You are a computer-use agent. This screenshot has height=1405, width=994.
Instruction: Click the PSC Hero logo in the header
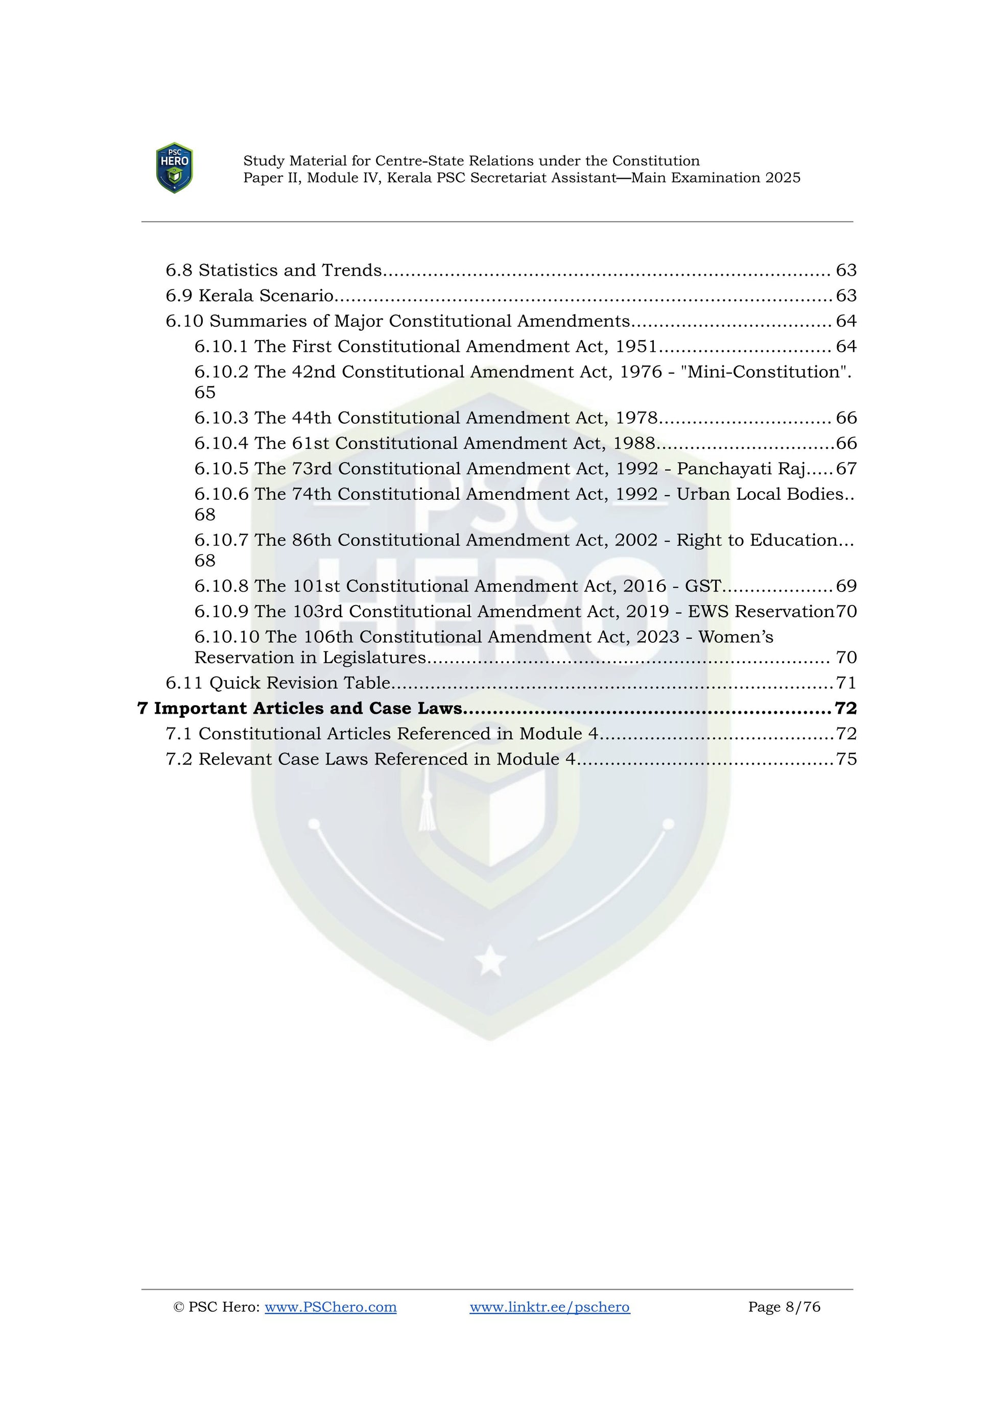[x=175, y=168]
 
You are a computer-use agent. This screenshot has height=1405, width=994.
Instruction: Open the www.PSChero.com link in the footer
[x=330, y=1306]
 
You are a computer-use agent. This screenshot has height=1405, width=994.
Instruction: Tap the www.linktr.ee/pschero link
[x=550, y=1306]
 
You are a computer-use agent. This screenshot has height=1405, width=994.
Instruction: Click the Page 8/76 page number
[x=784, y=1306]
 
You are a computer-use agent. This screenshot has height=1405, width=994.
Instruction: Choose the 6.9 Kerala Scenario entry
[x=250, y=296]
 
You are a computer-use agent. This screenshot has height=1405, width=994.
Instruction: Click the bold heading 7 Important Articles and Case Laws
[x=299, y=708]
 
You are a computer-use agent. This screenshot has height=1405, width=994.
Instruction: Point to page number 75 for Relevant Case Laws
[x=846, y=759]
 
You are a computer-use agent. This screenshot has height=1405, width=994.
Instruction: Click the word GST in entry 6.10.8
[x=703, y=586]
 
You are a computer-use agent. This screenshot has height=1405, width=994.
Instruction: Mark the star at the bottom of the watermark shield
[x=490, y=961]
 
